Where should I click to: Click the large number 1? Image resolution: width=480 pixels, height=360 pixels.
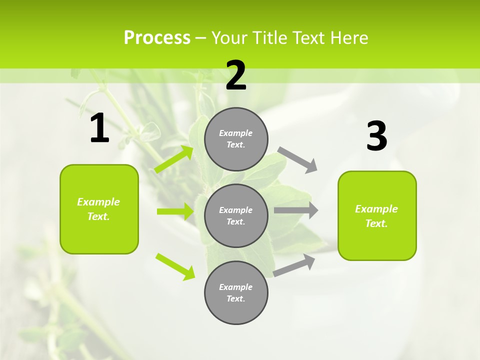click(x=99, y=128)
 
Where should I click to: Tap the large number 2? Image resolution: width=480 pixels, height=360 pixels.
click(x=236, y=75)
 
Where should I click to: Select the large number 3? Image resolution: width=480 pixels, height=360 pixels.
click(x=376, y=136)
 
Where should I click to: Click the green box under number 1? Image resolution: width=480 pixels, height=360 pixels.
click(x=99, y=209)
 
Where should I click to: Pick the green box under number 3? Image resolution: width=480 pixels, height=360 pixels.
click(x=377, y=215)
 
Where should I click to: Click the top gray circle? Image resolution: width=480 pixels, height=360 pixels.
click(x=236, y=139)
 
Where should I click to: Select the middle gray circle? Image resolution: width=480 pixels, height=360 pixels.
click(x=236, y=215)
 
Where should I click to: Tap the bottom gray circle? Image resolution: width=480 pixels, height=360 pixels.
click(x=236, y=292)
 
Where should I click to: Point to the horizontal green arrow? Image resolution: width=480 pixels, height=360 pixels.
click(x=175, y=211)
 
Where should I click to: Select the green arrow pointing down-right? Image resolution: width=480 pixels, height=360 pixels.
click(x=175, y=266)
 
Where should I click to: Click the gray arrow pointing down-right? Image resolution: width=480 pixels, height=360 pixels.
click(x=298, y=159)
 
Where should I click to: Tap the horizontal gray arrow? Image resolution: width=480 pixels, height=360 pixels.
click(x=296, y=210)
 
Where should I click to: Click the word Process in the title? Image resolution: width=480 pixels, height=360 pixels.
click(x=157, y=37)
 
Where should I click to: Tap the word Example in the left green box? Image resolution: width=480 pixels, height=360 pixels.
click(x=98, y=202)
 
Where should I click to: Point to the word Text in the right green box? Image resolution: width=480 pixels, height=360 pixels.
click(x=376, y=223)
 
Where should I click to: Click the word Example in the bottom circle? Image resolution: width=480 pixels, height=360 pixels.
click(x=235, y=287)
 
